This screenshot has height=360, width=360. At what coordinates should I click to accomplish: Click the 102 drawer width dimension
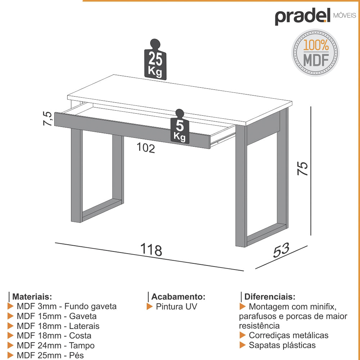point(146,148)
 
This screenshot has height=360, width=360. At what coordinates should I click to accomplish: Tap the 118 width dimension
point(151,249)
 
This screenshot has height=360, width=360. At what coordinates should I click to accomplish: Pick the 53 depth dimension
point(282,251)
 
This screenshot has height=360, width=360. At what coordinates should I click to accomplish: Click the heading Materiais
point(32,297)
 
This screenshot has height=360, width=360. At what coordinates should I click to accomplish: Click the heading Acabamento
point(178,297)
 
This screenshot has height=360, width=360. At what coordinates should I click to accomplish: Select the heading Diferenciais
point(270,297)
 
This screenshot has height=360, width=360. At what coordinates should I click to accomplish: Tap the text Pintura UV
point(176,307)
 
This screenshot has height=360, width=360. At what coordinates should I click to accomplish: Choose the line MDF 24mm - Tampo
point(55,346)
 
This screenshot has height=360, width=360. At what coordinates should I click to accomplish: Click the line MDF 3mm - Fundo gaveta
point(66,307)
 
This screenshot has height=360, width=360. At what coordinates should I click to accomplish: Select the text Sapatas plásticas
point(282,345)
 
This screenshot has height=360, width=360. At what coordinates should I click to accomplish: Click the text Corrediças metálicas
point(288,336)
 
